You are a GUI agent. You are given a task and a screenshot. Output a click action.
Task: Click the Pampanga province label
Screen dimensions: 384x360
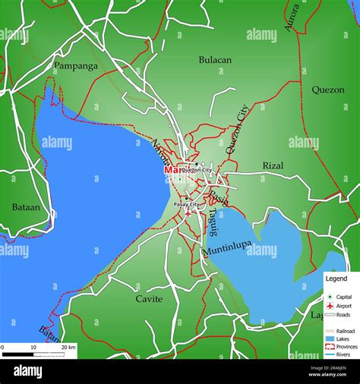coord(75,66)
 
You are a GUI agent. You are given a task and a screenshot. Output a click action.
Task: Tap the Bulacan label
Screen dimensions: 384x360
coord(215,59)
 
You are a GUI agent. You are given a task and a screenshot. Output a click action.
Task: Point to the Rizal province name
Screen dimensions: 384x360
coord(273,165)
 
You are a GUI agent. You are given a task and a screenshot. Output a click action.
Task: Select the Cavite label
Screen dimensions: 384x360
coord(149,299)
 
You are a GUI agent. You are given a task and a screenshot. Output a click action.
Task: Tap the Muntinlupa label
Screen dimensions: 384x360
coord(228,250)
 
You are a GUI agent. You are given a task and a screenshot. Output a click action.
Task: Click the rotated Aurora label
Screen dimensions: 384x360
coord(292,17)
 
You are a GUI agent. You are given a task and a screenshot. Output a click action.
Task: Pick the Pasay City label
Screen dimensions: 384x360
coord(186,205)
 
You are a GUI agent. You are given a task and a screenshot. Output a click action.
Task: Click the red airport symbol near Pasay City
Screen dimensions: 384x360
coord(188,213)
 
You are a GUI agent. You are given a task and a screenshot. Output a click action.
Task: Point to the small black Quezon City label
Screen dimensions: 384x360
coord(197,170)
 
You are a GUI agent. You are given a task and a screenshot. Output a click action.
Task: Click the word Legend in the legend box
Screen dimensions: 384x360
coord(336,279)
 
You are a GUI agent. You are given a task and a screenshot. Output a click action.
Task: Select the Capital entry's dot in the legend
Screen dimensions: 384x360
coord(330,296)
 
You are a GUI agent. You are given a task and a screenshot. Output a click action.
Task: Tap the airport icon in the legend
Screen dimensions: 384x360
coord(330,305)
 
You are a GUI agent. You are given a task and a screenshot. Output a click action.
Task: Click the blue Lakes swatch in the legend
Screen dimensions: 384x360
coord(330,338)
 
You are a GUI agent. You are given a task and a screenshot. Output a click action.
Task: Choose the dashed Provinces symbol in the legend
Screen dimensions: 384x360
coord(330,346)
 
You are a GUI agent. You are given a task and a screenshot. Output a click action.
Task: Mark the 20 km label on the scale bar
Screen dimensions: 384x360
coord(68,347)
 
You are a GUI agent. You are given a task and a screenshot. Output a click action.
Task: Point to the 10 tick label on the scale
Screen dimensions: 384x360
coord(33,347)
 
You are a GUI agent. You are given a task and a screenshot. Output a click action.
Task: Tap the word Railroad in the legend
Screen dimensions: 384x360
coord(346,330)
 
